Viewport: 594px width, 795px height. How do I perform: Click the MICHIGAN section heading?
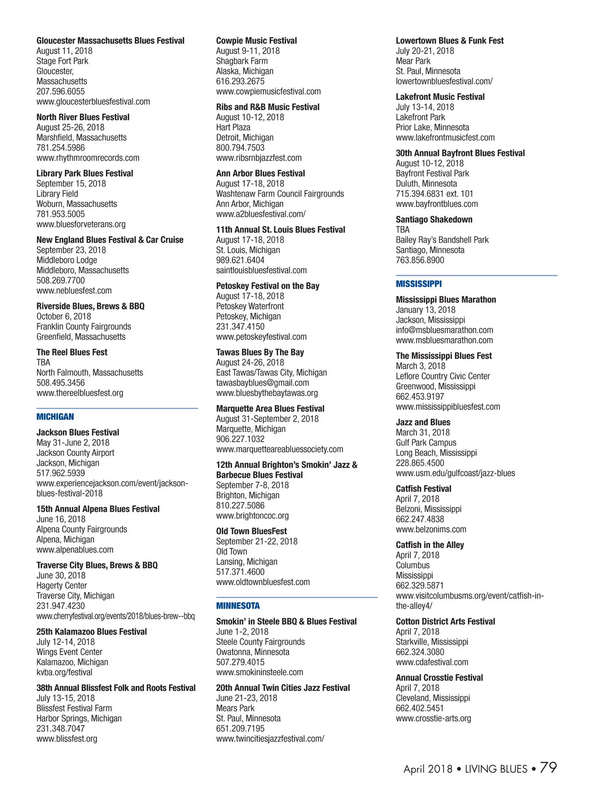55,417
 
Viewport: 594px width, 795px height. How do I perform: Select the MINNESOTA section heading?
238,606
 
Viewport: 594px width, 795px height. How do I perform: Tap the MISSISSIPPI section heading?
419,284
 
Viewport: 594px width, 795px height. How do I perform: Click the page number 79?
548,768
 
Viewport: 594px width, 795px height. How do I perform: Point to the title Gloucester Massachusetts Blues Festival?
110,41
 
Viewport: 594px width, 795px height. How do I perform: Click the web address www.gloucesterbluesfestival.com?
93,101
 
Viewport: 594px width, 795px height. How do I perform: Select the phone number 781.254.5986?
60,148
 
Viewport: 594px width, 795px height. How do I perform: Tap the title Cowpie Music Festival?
256,41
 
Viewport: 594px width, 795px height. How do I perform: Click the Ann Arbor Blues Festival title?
260,173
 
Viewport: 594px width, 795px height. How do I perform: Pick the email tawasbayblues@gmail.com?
262,383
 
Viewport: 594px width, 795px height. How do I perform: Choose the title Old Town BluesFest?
251,531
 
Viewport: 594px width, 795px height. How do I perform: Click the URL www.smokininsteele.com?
259,672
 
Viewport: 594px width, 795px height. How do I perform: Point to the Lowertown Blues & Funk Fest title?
449,41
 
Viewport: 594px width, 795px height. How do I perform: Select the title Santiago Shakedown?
434,219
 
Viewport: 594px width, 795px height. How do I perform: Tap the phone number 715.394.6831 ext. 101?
434,194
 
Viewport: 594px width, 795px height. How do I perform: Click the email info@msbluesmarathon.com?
445,330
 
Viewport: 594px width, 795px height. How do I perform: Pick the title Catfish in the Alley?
430,545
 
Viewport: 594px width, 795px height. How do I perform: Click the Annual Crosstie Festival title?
439,678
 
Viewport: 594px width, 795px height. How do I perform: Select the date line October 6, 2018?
63,316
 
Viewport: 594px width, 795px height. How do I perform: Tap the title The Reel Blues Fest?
72,352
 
